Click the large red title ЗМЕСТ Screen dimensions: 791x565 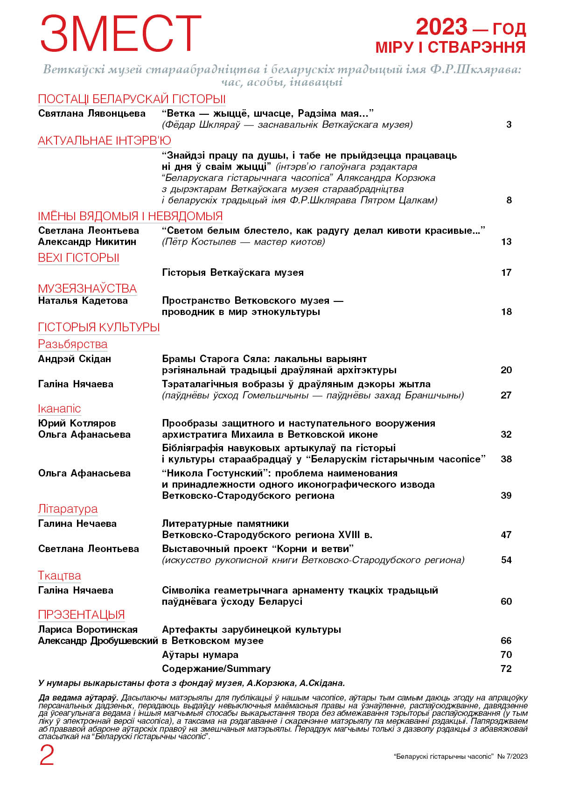coord(120,34)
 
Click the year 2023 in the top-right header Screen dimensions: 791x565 coord(441,27)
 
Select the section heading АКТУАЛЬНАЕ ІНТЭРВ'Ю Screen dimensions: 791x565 coord(105,141)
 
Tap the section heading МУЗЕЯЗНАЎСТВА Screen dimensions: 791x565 coord(87,288)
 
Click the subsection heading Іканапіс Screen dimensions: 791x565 coord(59,409)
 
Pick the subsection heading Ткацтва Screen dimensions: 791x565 coord(59,576)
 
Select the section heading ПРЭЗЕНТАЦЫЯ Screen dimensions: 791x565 coord(81,615)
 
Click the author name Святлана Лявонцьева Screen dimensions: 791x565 coord(92,113)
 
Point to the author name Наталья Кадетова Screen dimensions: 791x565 coord(83,301)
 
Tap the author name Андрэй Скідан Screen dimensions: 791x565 coord(75,359)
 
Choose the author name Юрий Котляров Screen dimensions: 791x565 coord(77,423)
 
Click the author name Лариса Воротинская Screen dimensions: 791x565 coord(88,630)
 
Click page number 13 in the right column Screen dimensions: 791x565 coord(506,242)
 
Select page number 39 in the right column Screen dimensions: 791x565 coord(506,496)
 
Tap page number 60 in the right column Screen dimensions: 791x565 coord(506,602)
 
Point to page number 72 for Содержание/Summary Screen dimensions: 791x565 coord(506,669)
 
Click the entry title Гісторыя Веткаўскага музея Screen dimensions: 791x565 coord(233,273)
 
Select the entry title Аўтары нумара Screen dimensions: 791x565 coord(200,655)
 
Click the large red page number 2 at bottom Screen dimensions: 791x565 coord(47,755)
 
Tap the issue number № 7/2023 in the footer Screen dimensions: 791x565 coord(513,756)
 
